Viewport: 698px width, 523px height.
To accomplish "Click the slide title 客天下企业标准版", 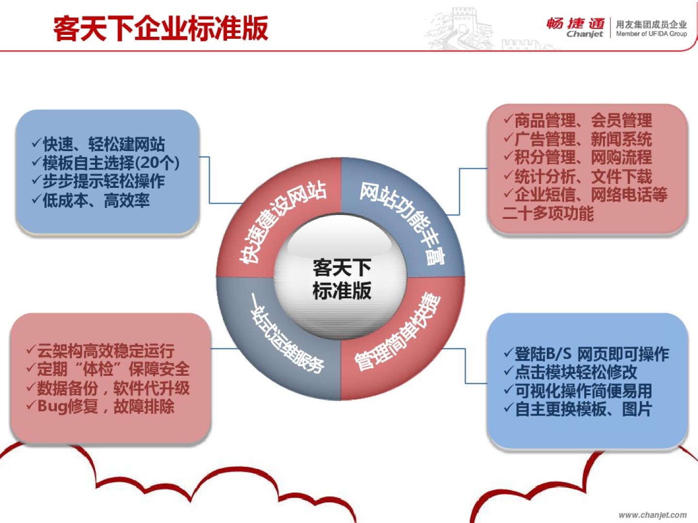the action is pos(160,29).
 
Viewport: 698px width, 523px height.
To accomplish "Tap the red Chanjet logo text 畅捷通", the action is pos(575,24).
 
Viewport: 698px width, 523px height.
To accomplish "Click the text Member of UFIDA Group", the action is pos(651,34).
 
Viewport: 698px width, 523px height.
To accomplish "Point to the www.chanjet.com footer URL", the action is pos(652,515).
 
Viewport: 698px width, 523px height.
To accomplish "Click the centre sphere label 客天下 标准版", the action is pos(342,279).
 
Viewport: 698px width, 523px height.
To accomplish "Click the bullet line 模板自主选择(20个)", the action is pos(106,163).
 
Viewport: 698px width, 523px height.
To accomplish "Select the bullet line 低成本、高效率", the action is pos(91,200).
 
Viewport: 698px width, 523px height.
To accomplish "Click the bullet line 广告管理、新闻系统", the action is pos(577,139).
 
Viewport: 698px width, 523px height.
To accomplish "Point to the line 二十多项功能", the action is pos(548,213).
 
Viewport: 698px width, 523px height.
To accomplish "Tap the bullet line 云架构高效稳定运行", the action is pos(100,351).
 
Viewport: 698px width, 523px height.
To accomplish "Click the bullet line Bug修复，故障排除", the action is pos(100,406).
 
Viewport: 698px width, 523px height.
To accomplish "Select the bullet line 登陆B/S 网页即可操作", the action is pos(587,354).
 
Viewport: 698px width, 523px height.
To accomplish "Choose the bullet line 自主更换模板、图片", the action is pos(578,409).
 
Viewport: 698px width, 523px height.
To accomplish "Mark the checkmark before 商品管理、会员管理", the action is pos(508,120).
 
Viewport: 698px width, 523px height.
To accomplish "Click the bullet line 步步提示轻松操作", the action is pos(98,181).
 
